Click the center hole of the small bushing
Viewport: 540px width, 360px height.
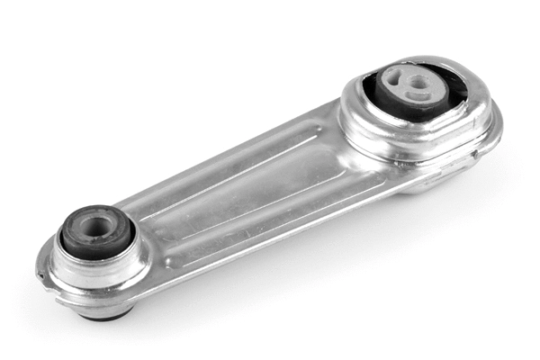(94, 225)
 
